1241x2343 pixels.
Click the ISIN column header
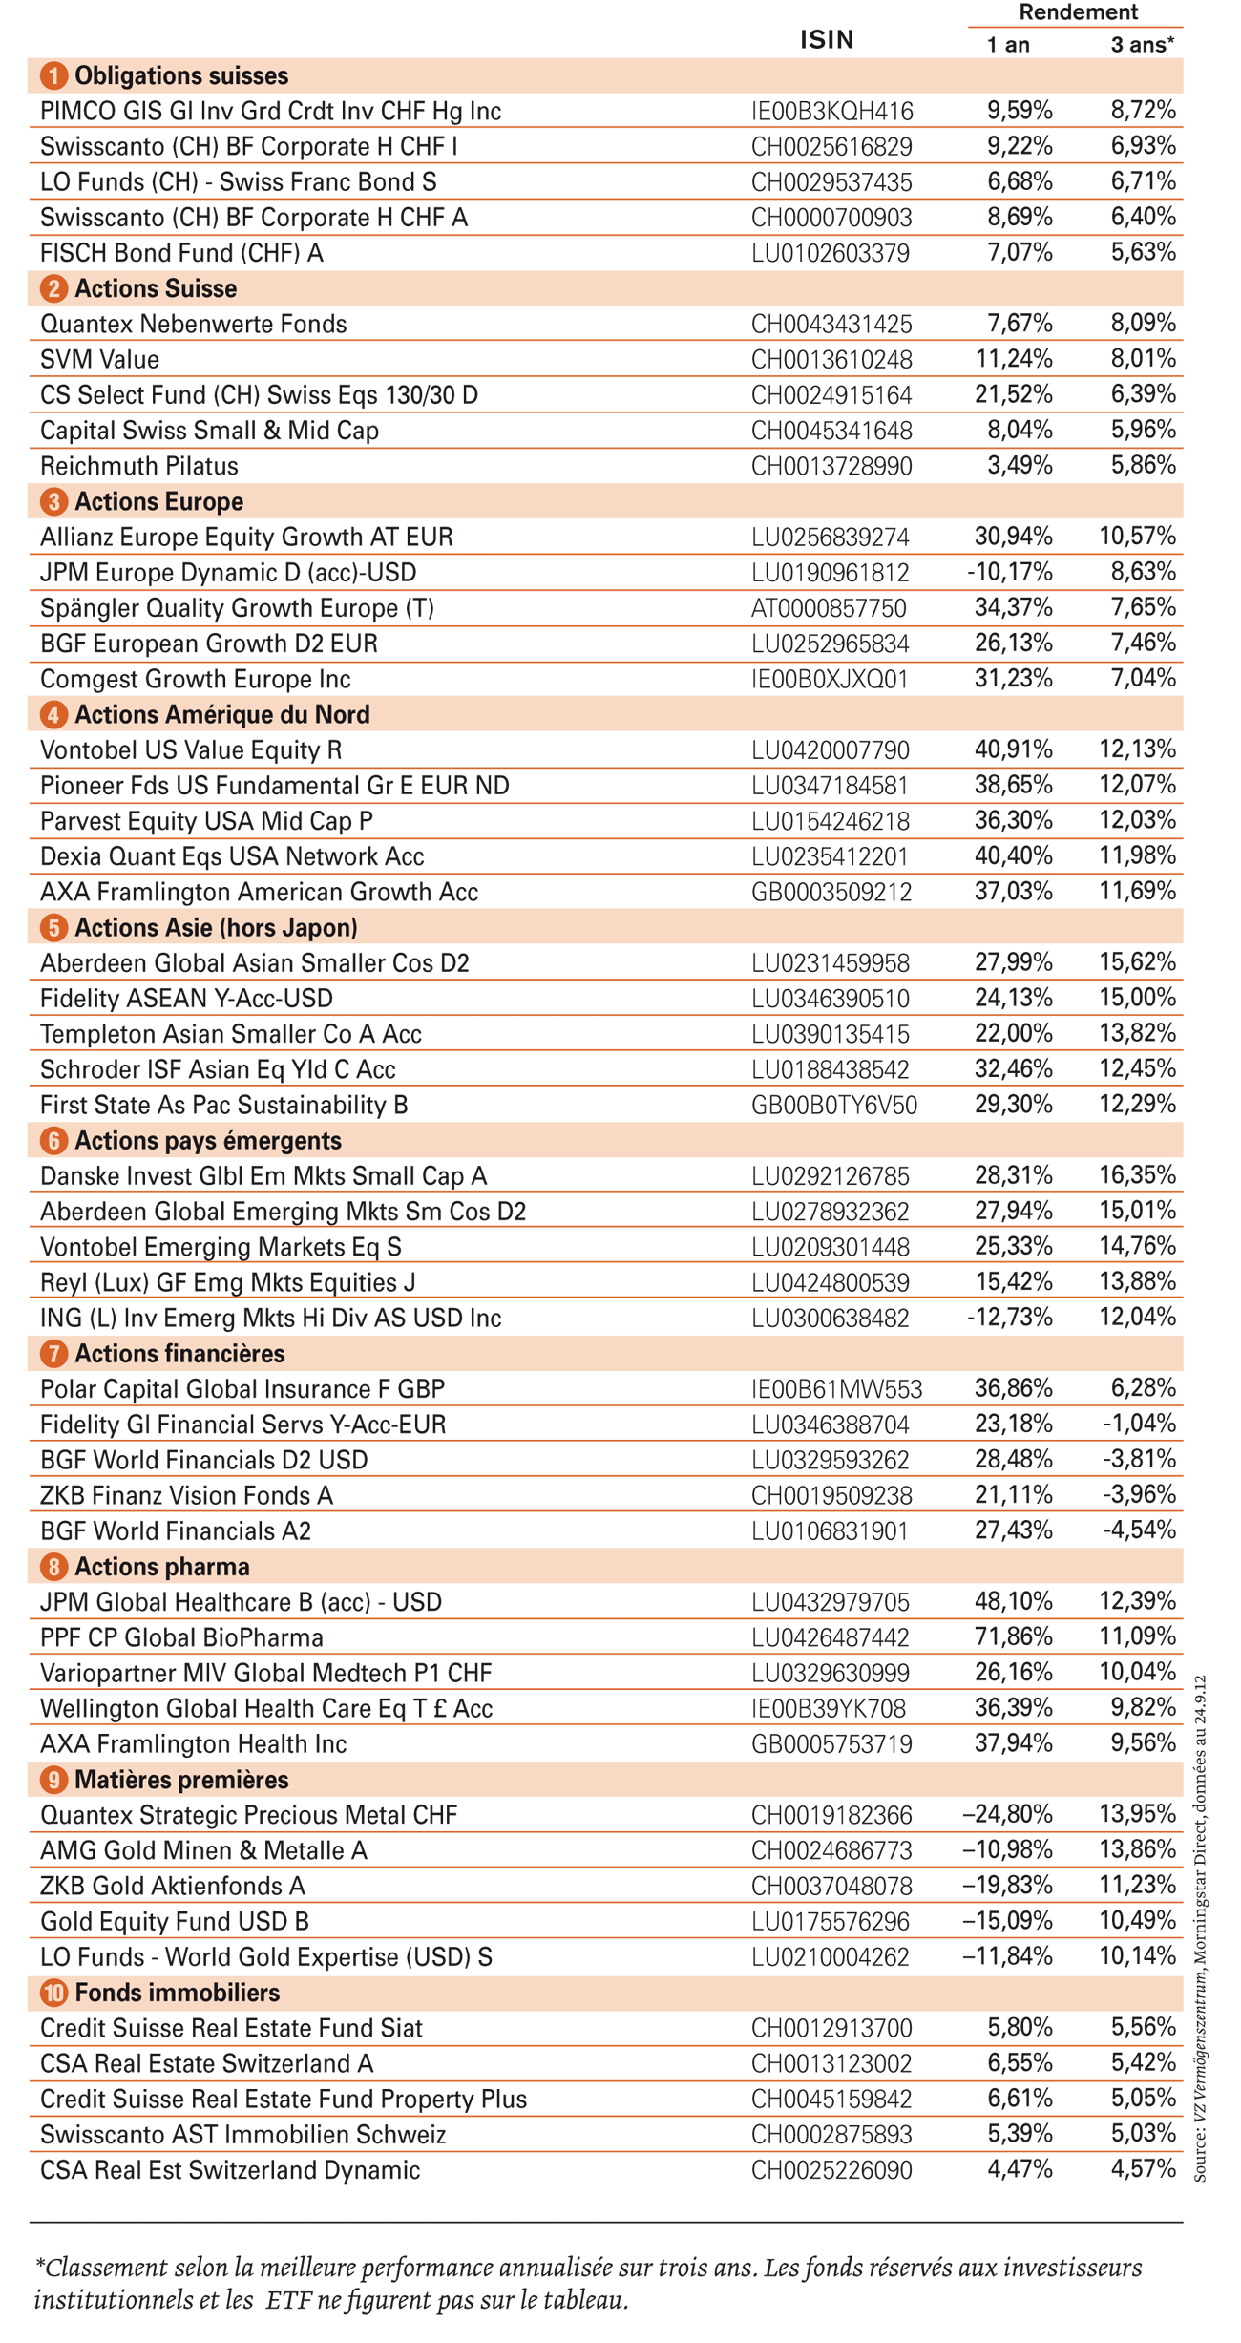tap(827, 40)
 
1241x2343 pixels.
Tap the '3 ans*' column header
tap(1142, 45)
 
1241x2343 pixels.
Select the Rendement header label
tap(1078, 12)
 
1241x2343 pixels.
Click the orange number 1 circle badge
tap(53, 75)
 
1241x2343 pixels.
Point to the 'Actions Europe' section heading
tap(158, 501)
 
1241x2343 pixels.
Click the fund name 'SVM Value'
tap(99, 360)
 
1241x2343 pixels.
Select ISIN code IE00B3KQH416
tap(831, 112)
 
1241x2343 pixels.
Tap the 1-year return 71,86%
tap(1013, 1636)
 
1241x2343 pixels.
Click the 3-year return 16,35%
tap(1137, 1174)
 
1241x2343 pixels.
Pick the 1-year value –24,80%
tap(1007, 1813)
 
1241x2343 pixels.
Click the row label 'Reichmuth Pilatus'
tap(139, 466)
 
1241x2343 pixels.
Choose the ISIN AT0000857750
tap(829, 608)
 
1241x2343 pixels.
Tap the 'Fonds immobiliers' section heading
tap(177, 1993)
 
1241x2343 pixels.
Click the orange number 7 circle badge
tap(53, 1353)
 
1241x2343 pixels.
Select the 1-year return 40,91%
tap(1013, 749)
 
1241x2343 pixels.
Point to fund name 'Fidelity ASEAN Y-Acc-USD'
tap(186, 999)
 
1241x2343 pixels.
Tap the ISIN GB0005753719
tap(831, 1744)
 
